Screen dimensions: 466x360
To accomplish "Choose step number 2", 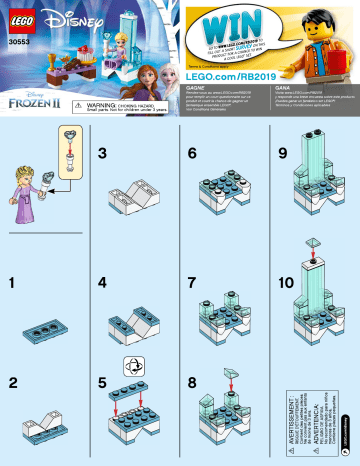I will click(12, 381).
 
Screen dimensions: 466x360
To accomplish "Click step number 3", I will click(102, 153).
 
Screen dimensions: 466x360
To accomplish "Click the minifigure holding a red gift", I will click(320, 41).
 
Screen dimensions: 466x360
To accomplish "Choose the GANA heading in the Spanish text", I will click(267, 86).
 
